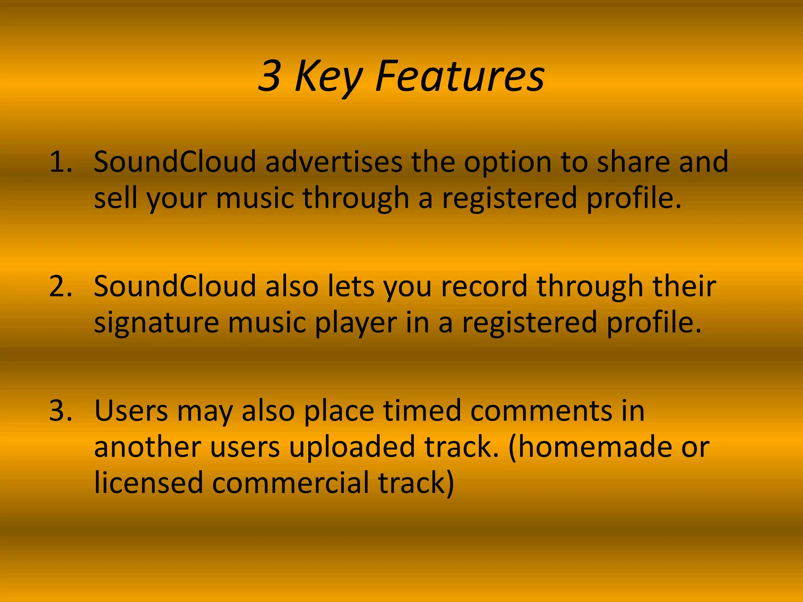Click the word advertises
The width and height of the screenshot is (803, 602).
pyautogui.click(x=334, y=161)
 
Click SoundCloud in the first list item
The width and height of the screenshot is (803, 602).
pyautogui.click(x=175, y=161)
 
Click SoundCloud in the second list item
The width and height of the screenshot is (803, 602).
pyautogui.click(x=175, y=286)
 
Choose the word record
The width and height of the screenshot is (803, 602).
pyautogui.click(x=484, y=286)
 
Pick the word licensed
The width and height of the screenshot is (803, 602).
pyautogui.click(x=149, y=482)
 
